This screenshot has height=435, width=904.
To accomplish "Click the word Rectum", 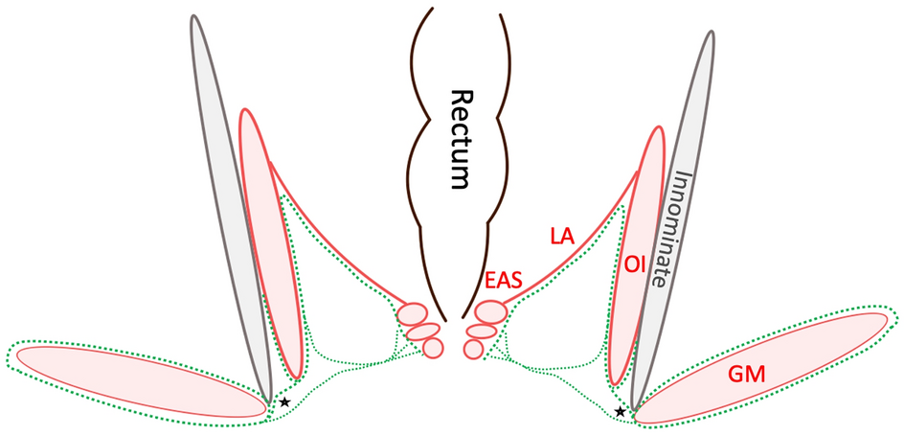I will [x=463, y=139].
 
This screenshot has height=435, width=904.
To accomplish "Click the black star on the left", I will [x=284, y=401].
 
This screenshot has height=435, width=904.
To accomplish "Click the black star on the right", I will [x=621, y=411].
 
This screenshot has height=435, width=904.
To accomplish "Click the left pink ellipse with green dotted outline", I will [x=139, y=378].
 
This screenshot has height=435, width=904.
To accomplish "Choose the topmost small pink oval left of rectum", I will [x=413, y=314].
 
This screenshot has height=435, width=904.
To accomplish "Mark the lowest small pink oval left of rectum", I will [x=433, y=347].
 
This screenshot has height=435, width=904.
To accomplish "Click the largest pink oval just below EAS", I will [x=491, y=312].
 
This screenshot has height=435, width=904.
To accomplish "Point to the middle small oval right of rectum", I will [x=482, y=331].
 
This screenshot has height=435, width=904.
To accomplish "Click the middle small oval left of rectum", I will [x=422, y=332].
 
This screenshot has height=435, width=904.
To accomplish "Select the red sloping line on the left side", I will [x=335, y=240].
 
